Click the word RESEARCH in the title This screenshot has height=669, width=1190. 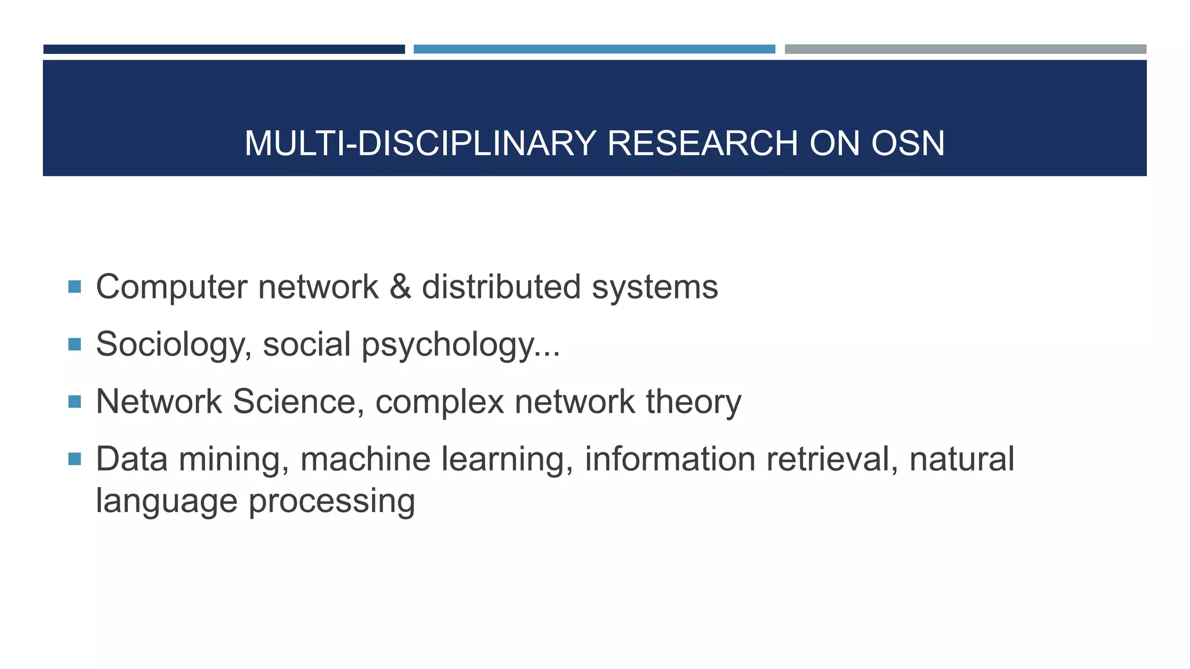coord(702,143)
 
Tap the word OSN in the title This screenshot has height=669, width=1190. coord(908,143)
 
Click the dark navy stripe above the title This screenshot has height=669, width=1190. coord(224,49)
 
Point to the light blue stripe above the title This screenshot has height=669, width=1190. coord(594,49)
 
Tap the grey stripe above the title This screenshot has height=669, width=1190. coord(965,49)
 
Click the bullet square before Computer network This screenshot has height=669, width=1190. coord(74,287)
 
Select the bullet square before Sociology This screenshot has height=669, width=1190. coord(74,344)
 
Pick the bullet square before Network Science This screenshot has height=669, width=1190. coord(74,402)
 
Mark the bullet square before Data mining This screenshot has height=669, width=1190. coord(74,459)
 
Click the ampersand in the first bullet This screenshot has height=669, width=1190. coord(400,287)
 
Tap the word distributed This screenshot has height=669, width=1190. coord(501,287)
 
